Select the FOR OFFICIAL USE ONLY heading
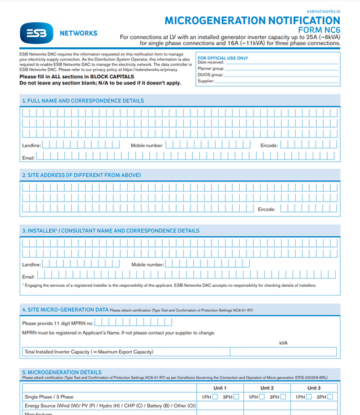coord(222,58)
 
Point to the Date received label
coord(211,63)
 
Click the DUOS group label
coord(210,75)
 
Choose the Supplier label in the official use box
coord(206,81)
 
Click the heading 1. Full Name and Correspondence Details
coord(82,101)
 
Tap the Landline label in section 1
coord(32,145)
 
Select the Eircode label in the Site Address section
coord(267,209)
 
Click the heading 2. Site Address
coord(81,175)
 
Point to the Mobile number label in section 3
coord(148,265)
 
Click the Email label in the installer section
coord(28,277)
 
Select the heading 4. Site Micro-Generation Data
coord(65,310)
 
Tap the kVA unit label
coord(283,343)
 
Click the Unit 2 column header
coord(267,388)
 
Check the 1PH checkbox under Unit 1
coord(215,397)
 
